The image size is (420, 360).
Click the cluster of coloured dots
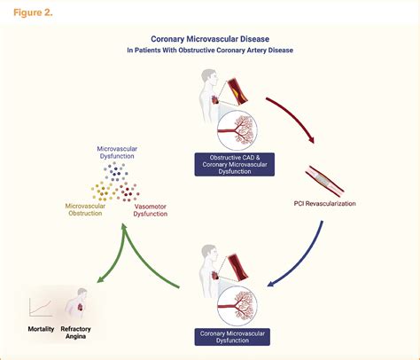pos(115,187)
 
